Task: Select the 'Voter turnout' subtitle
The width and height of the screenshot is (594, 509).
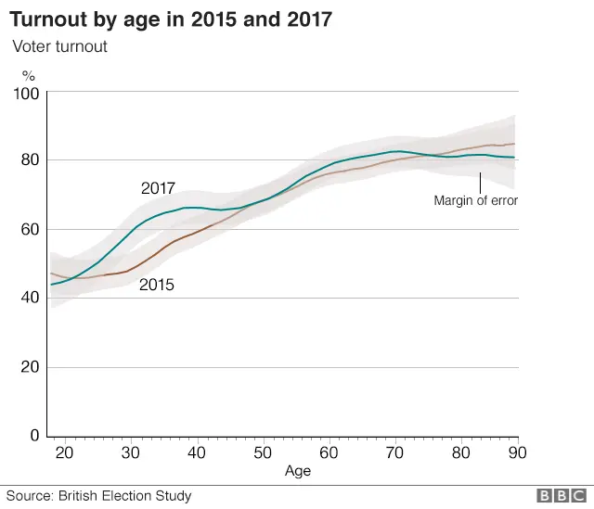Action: click(x=59, y=45)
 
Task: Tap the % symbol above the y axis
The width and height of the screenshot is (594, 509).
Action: click(x=29, y=76)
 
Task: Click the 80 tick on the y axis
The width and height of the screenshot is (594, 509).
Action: click(x=30, y=160)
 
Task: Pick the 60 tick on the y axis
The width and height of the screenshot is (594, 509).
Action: click(x=30, y=229)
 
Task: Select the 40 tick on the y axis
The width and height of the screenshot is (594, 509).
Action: click(x=30, y=298)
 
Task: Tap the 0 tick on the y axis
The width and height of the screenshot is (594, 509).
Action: click(x=34, y=435)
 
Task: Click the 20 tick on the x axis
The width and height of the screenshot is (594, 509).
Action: click(x=64, y=452)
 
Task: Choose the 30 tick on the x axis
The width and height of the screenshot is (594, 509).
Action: click(x=131, y=452)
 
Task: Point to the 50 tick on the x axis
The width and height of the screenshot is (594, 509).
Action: click(x=264, y=452)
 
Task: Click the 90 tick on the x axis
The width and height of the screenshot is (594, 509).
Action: click(x=517, y=452)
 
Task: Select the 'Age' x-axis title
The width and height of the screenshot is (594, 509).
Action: click(x=298, y=471)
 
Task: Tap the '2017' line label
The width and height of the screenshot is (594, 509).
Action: click(x=158, y=189)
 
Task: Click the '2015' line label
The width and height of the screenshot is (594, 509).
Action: click(x=157, y=286)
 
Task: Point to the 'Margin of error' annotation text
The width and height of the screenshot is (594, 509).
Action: click(x=475, y=199)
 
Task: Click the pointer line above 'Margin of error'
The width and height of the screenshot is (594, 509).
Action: click(x=479, y=181)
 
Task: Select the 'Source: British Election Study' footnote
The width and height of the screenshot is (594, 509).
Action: click(x=97, y=496)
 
